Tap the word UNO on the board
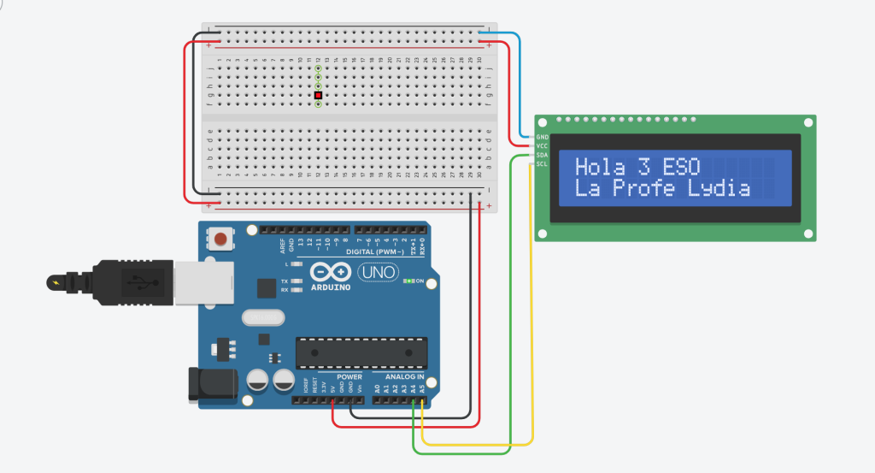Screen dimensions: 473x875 click(x=376, y=272)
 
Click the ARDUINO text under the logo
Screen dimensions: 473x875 click(x=331, y=287)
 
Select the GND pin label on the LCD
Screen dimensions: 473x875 click(x=542, y=137)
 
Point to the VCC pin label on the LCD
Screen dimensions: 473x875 click(x=542, y=146)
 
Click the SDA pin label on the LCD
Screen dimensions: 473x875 click(x=542, y=155)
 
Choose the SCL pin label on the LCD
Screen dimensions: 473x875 click(x=542, y=164)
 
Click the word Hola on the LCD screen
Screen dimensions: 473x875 click(x=600, y=167)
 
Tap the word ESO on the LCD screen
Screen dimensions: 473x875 click(x=681, y=167)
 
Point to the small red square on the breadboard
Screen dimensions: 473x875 click(x=318, y=95)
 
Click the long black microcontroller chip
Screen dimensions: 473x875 click(x=361, y=351)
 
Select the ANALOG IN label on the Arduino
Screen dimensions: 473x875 click(x=404, y=377)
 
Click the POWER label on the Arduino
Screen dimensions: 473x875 click(x=349, y=377)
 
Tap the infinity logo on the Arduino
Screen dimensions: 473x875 click(x=330, y=272)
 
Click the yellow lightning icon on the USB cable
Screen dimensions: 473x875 click(x=56, y=281)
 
